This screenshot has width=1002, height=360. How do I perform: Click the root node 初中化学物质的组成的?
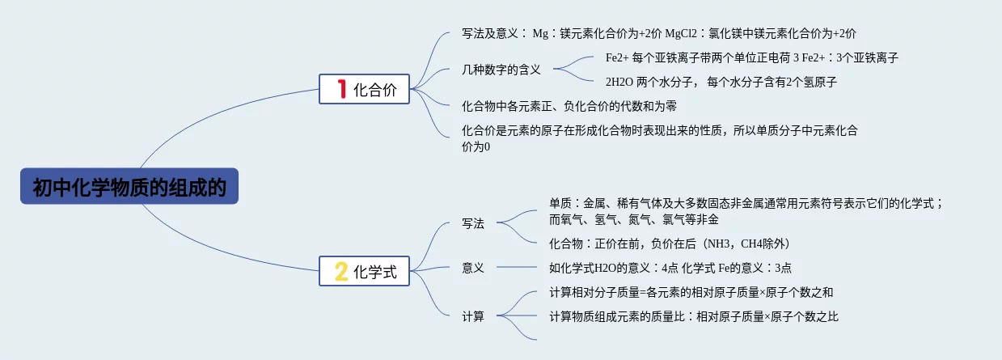tap(129, 187)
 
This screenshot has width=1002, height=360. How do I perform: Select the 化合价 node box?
tap(365, 89)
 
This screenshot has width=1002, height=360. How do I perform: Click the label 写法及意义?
tap(493, 34)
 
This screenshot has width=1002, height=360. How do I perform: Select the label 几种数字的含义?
tap(501, 70)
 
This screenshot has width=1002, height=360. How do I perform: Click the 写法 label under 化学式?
tap(473, 223)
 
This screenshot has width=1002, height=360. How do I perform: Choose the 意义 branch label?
tap(473, 268)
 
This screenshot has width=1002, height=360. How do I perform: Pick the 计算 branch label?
tap(473, 316)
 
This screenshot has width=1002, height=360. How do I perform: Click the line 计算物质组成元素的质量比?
tap(693, 317)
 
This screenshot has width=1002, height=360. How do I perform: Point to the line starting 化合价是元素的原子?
tap(659, 130)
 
